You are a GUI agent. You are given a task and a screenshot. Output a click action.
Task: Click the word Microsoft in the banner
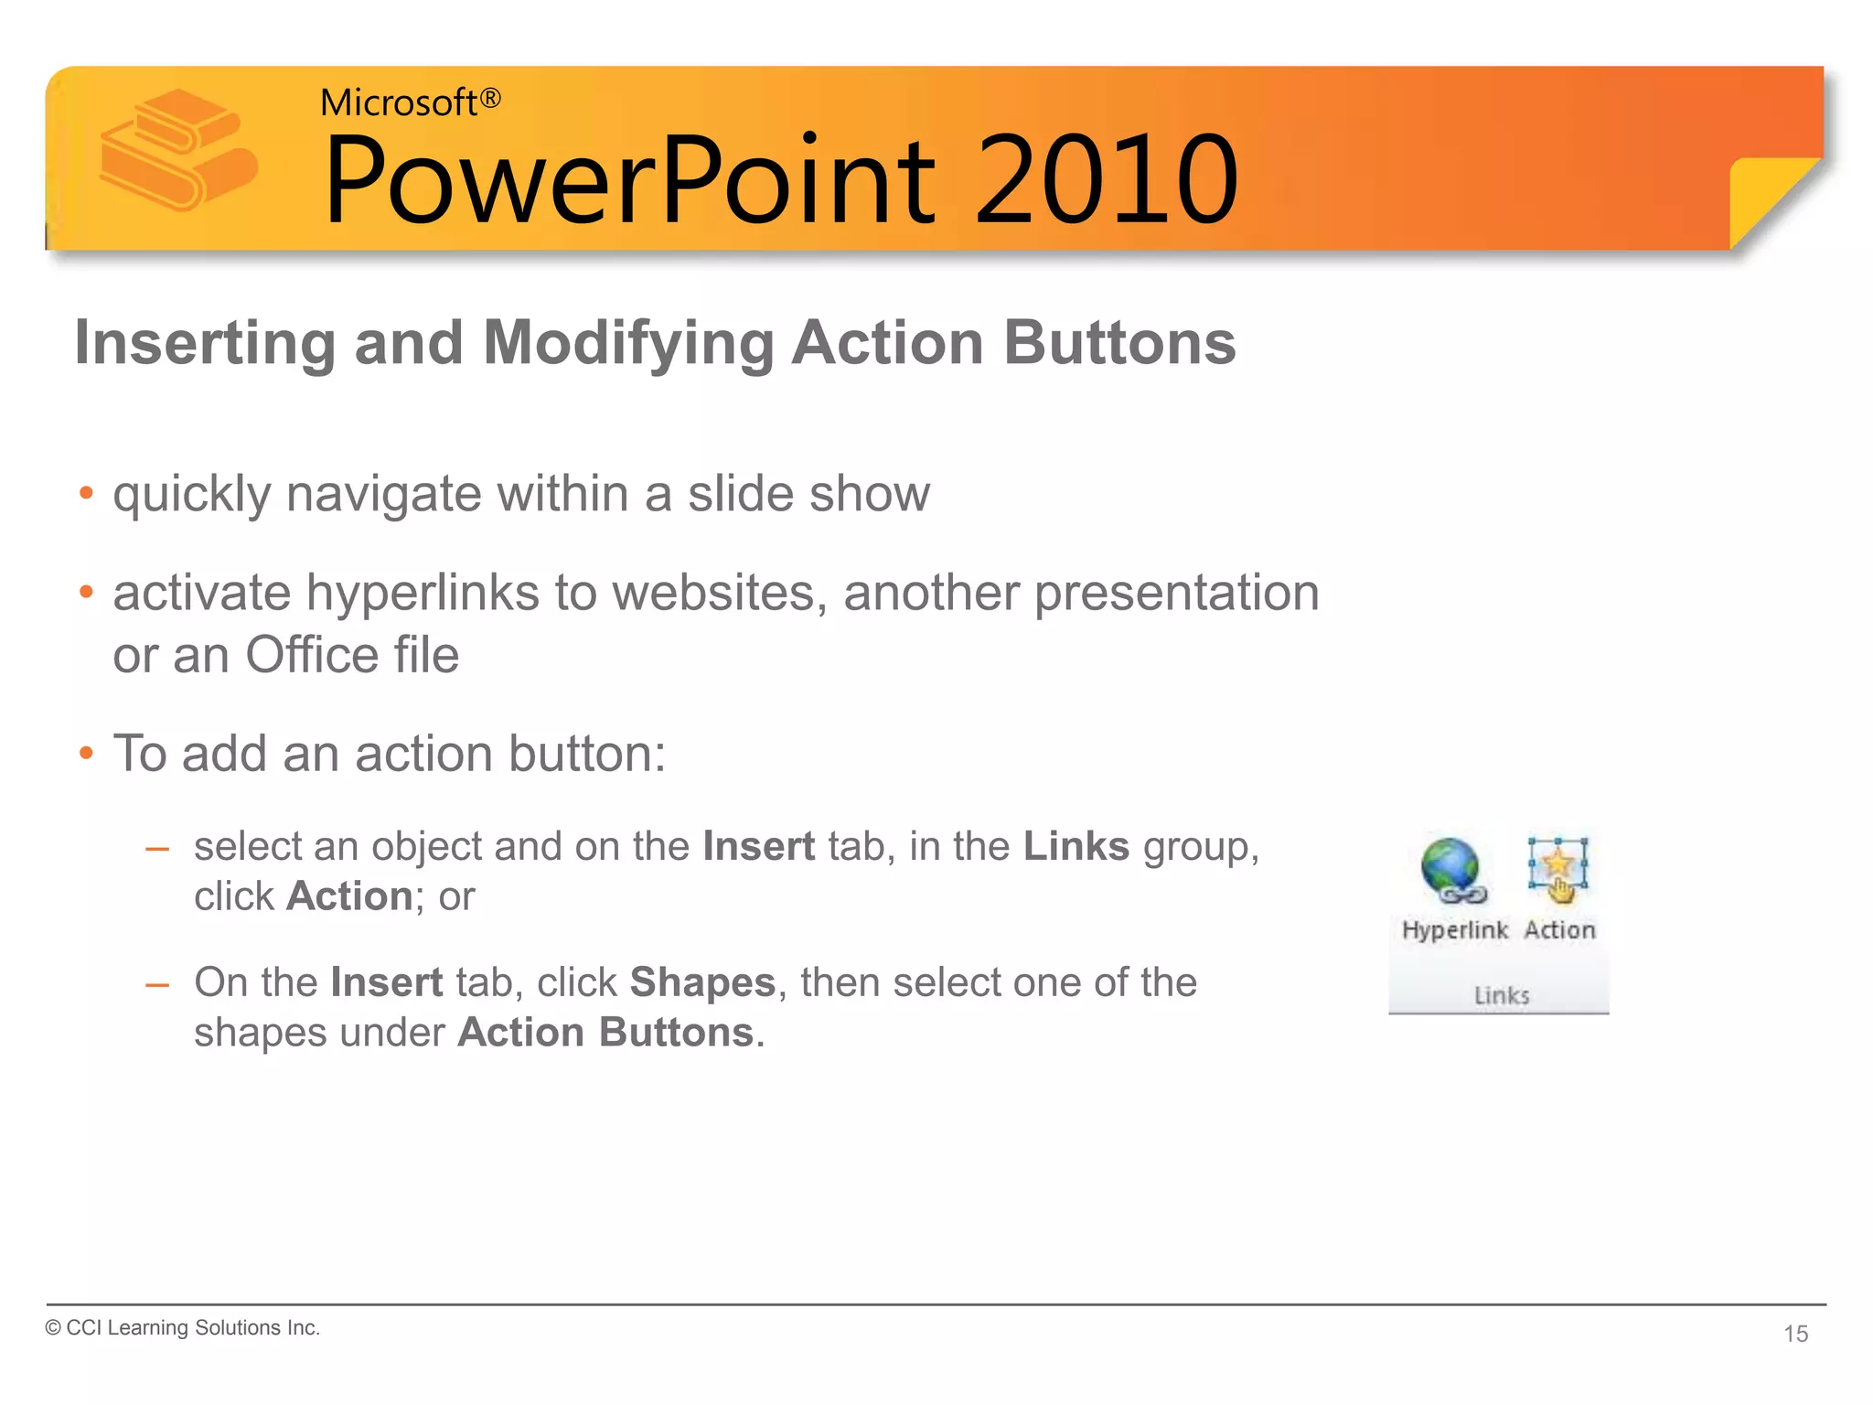(x=398, y=102)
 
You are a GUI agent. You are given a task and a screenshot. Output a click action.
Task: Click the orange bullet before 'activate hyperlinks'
(x=86, y=593)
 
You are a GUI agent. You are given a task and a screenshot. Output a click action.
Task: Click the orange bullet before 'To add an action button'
(x=86, y=754)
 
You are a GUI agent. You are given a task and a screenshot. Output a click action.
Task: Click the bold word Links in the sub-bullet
(x=1076, y=846)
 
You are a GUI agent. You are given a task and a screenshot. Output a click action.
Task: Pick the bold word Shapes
(x=702, y=982)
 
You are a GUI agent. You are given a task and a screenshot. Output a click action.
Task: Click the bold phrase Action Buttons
(x=605, y=1033)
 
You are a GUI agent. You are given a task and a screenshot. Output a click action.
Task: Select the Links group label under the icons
(x=1501, y=995)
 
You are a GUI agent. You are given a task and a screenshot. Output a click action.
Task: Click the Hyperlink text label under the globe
(x=1454, y=930)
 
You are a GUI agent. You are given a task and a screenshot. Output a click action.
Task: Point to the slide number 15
(x=1795, y=1334)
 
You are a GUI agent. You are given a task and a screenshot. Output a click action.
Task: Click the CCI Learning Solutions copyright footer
(x=183, y=1328)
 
